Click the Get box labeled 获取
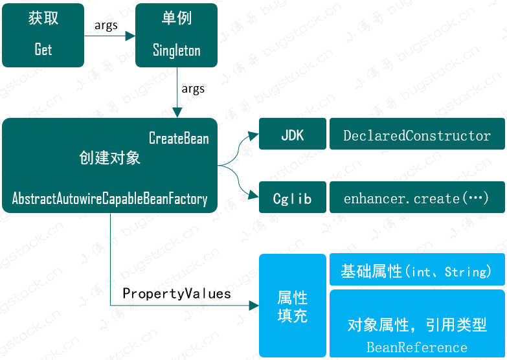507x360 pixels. (43, 35)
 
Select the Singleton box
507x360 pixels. (176, 35)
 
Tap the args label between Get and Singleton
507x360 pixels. (106, 25)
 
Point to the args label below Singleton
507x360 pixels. (193, 89)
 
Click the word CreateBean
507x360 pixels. (179, 138)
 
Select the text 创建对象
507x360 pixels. (109, 158)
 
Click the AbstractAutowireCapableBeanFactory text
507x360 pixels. (109, 199)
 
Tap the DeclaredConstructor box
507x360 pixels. (417, 135)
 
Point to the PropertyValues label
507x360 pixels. (177, 293)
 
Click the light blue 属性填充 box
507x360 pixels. (293, 306)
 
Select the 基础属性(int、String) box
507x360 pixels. (417, 271)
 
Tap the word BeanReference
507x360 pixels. (417, 347)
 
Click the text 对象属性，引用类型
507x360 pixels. (417, 325)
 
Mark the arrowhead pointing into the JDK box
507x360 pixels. (254, 136)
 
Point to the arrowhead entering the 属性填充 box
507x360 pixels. (254, 305)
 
